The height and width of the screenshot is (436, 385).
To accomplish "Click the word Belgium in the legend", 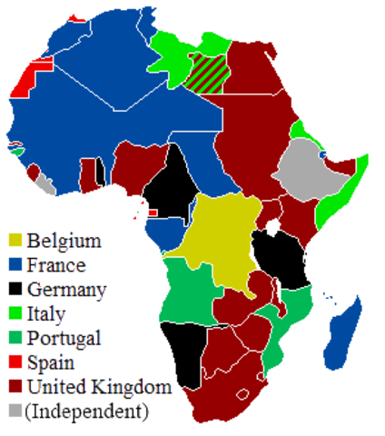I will [x=64, y=242].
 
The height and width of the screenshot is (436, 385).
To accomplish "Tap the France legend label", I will [x=56, y=266].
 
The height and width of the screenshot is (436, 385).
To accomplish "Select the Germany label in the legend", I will [x=65, y=291].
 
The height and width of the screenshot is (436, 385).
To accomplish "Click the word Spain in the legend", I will [x=49, y=362].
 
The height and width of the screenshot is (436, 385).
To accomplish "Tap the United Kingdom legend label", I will [x=98, y=387].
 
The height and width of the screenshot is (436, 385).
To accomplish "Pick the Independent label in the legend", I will [x=87, y=411].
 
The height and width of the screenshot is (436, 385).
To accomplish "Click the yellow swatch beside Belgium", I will [x=15, y=241].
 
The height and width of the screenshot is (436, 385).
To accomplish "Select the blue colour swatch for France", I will [x=15, y=265].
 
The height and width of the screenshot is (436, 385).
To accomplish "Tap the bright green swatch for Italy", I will [x=15, y=313].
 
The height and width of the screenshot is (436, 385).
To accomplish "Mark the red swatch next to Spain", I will [x=15, y=362].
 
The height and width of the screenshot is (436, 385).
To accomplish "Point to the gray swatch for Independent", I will [x=15, y=410].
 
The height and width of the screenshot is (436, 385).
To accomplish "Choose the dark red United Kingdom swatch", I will [x=15, y=386].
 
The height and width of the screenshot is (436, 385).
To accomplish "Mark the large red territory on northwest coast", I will [x=25, y=78].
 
